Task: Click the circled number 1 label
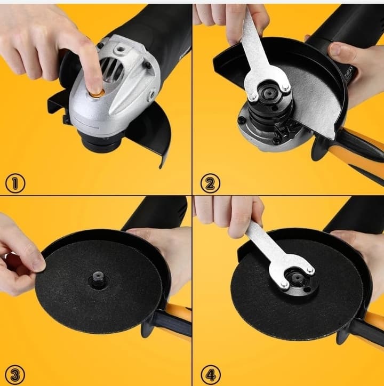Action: [15, 183]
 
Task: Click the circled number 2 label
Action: [210, 183]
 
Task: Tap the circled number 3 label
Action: [15, 375]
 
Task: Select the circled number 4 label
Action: [211, 375]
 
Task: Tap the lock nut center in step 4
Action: [296, 278]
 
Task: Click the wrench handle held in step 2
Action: [251, 37]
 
